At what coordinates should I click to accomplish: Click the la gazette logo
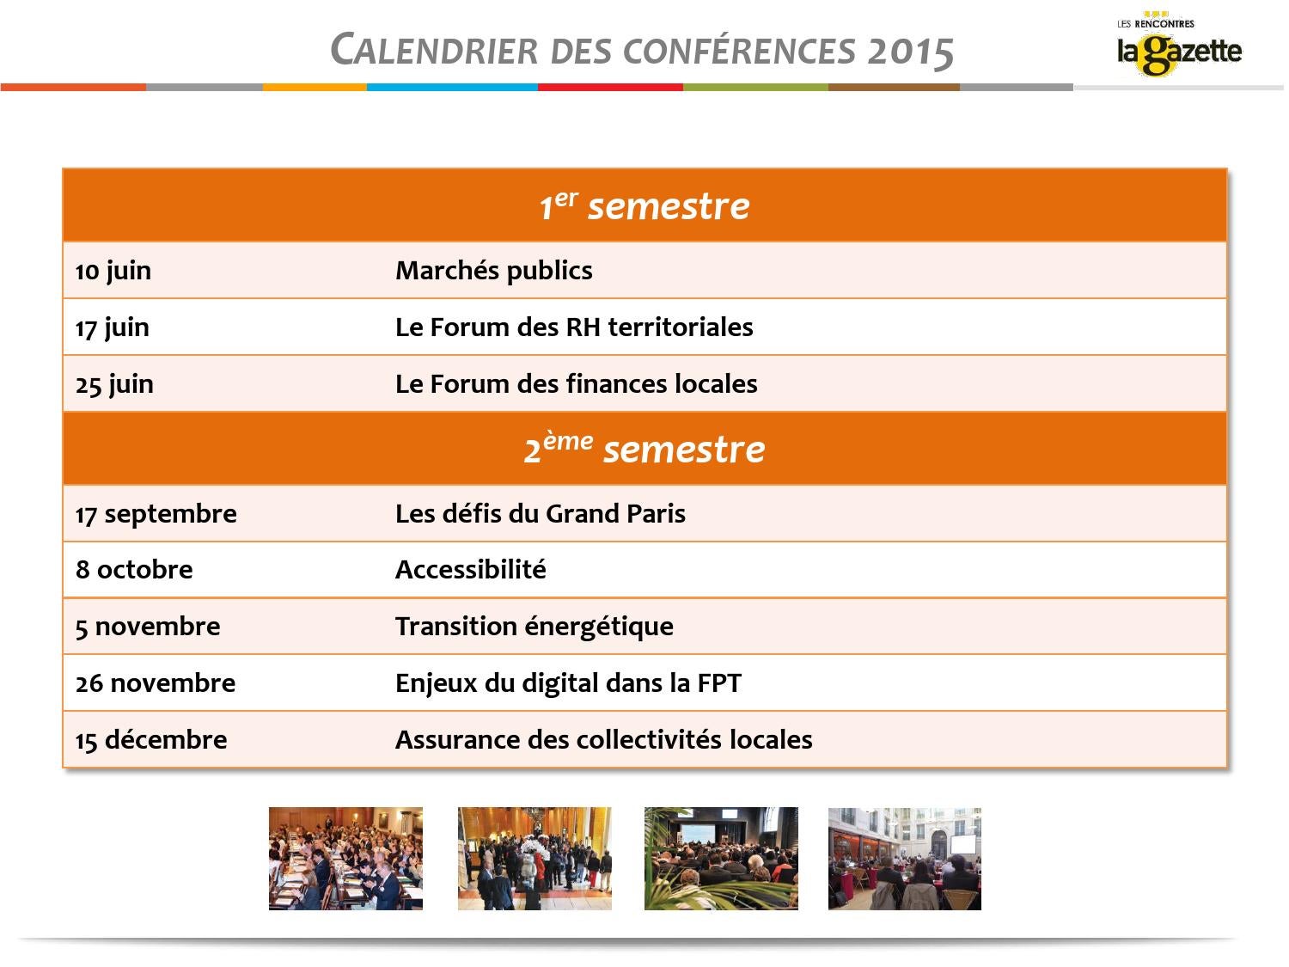(x=1179, y=49)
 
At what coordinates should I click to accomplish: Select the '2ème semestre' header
(x=644, y=449)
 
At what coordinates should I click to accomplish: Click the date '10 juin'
(x=113, y=271)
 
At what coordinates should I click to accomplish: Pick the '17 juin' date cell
(x=112, y=327)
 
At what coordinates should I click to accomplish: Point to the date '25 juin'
(x=114, y=384)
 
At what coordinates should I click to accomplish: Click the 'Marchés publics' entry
(x=493, y=271)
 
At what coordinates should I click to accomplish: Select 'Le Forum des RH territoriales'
(x=574, y=327)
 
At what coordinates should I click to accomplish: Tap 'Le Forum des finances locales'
(x=576, y=384)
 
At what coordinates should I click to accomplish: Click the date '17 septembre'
(x=156, y=514)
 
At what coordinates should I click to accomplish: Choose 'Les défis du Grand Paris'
(x=540, y=514)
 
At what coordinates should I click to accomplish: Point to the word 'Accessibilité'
(x=470, y=570)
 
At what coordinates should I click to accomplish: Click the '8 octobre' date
(x=134, y=570)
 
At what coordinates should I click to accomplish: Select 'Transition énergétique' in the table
(x=534, y=627)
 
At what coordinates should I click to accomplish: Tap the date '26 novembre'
(x=155, y=683)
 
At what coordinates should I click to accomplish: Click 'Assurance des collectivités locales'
(x=603, y=740)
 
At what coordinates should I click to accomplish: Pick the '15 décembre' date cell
(x=151, y=740)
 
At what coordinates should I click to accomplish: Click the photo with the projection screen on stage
(x=721, y=858)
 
